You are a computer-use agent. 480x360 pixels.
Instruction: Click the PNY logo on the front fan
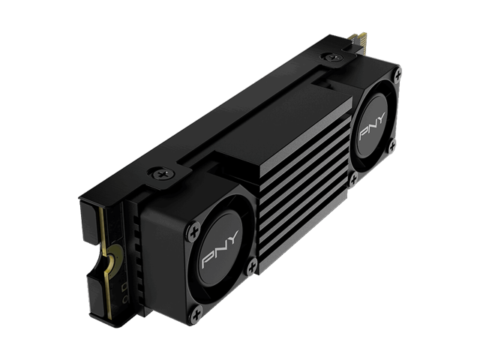tap(220, 250)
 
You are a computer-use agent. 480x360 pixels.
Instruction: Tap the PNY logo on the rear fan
tap(372, 126)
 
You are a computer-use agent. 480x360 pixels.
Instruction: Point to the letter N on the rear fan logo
tap(372, 126)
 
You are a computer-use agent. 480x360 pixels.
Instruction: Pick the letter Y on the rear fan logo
tap(381, 118)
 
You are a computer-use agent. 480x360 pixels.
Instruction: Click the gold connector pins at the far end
tap(358, 38)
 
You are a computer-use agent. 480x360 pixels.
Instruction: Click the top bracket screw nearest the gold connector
tap(333, 57)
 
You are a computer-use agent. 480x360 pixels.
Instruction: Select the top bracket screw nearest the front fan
tap(163, 175)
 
